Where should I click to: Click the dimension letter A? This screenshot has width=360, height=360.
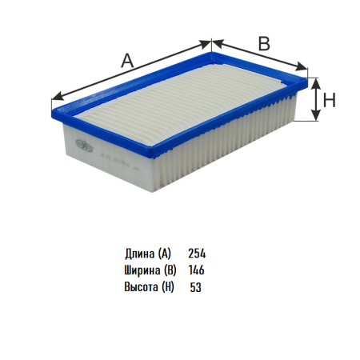[x=127, y=60]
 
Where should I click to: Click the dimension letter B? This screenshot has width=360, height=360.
[x=264, y=43]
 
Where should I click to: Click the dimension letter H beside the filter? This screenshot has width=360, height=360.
[x=329, y=101]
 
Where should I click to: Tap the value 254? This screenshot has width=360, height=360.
[x=197, y=254]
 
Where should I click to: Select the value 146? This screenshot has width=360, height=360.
[x=197, y=270]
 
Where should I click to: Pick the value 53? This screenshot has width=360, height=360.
[x=195, y=287]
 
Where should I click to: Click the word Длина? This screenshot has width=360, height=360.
[x=140, y=254]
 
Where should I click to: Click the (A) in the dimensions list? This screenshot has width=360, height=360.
[x=164, y=254]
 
